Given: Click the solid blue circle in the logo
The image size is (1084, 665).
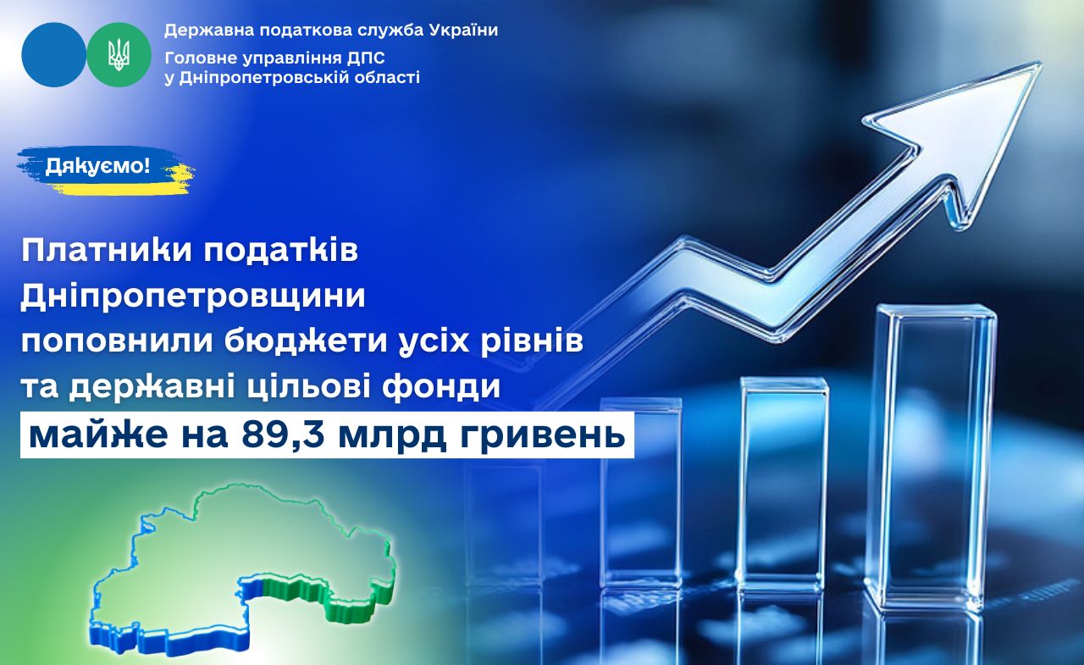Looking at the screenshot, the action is click(x=53, y=55).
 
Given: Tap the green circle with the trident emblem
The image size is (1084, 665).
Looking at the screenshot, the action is click(x=119, y=55).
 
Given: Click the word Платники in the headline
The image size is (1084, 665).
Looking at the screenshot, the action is click(x=107, y=252).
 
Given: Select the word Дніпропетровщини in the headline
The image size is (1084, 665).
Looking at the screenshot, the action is click(x=192, y=296).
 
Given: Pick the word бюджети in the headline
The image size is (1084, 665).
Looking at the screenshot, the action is click(x=306, y=341).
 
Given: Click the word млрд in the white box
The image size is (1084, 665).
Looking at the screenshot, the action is click(x=392, y=435).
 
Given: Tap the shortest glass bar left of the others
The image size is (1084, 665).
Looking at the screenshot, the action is click(x=641, y=489).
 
